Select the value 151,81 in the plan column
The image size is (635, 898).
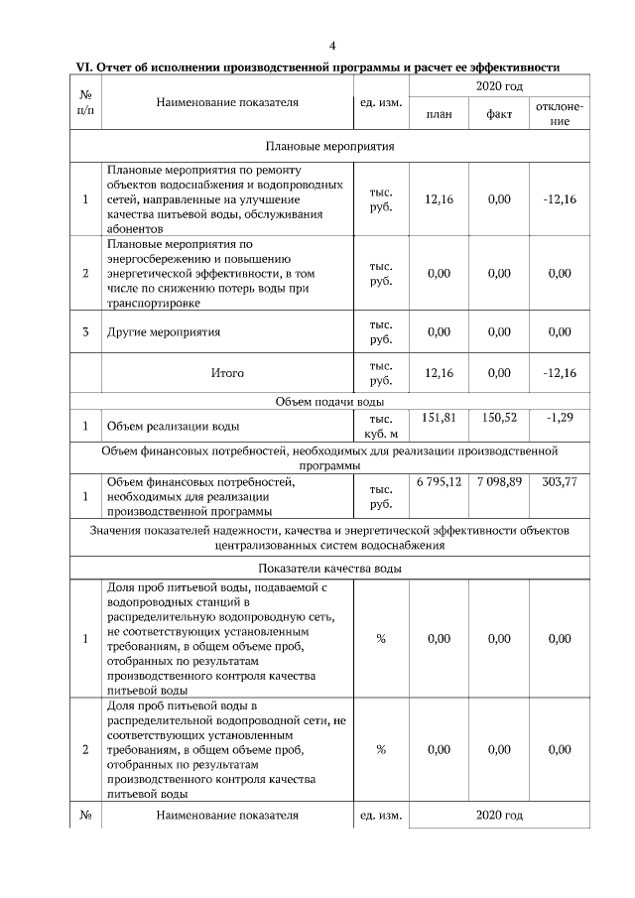[x=439, y=418]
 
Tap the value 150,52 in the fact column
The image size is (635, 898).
[x=499, y=418]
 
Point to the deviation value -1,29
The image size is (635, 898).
[x=560, y=418]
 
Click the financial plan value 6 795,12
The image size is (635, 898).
[x=439, y=481]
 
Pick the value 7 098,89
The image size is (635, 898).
[x=499, y=481]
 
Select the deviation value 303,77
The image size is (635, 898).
[x=560, y=481]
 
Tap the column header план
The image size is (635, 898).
[x=439, y=114]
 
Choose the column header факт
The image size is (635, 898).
[x=499, y=114]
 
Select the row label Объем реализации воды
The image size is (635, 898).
[x=173, y=427]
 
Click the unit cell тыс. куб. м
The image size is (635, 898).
[x=381, y=427]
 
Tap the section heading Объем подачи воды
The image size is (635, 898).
[x=329, y=401]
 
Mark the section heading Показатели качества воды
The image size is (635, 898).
[x=329, y=569]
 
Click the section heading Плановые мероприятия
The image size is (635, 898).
[x=329, y=146]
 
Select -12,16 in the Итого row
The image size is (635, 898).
[x=560, y=373]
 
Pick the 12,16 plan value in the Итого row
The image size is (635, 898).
[x=439, y=373]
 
